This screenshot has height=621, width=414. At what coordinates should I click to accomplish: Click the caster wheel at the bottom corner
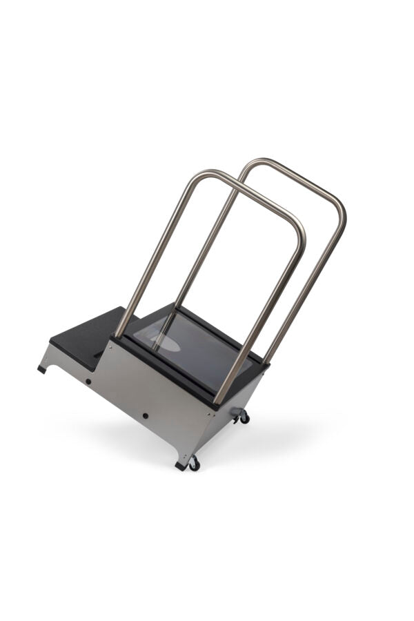click(x=195, y=464)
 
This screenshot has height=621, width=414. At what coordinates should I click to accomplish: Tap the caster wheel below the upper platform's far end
click(x=244, y=417)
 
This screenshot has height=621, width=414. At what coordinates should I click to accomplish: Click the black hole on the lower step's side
click(x=88, y=381)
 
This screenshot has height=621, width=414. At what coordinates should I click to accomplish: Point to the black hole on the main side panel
click(x=146, y=415)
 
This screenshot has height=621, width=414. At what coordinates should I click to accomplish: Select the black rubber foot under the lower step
click(x=42, y=369)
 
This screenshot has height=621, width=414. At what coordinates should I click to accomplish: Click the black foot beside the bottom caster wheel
click(x=181, y=466)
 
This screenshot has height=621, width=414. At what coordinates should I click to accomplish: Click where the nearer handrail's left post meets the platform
click(x=119, y=334)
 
